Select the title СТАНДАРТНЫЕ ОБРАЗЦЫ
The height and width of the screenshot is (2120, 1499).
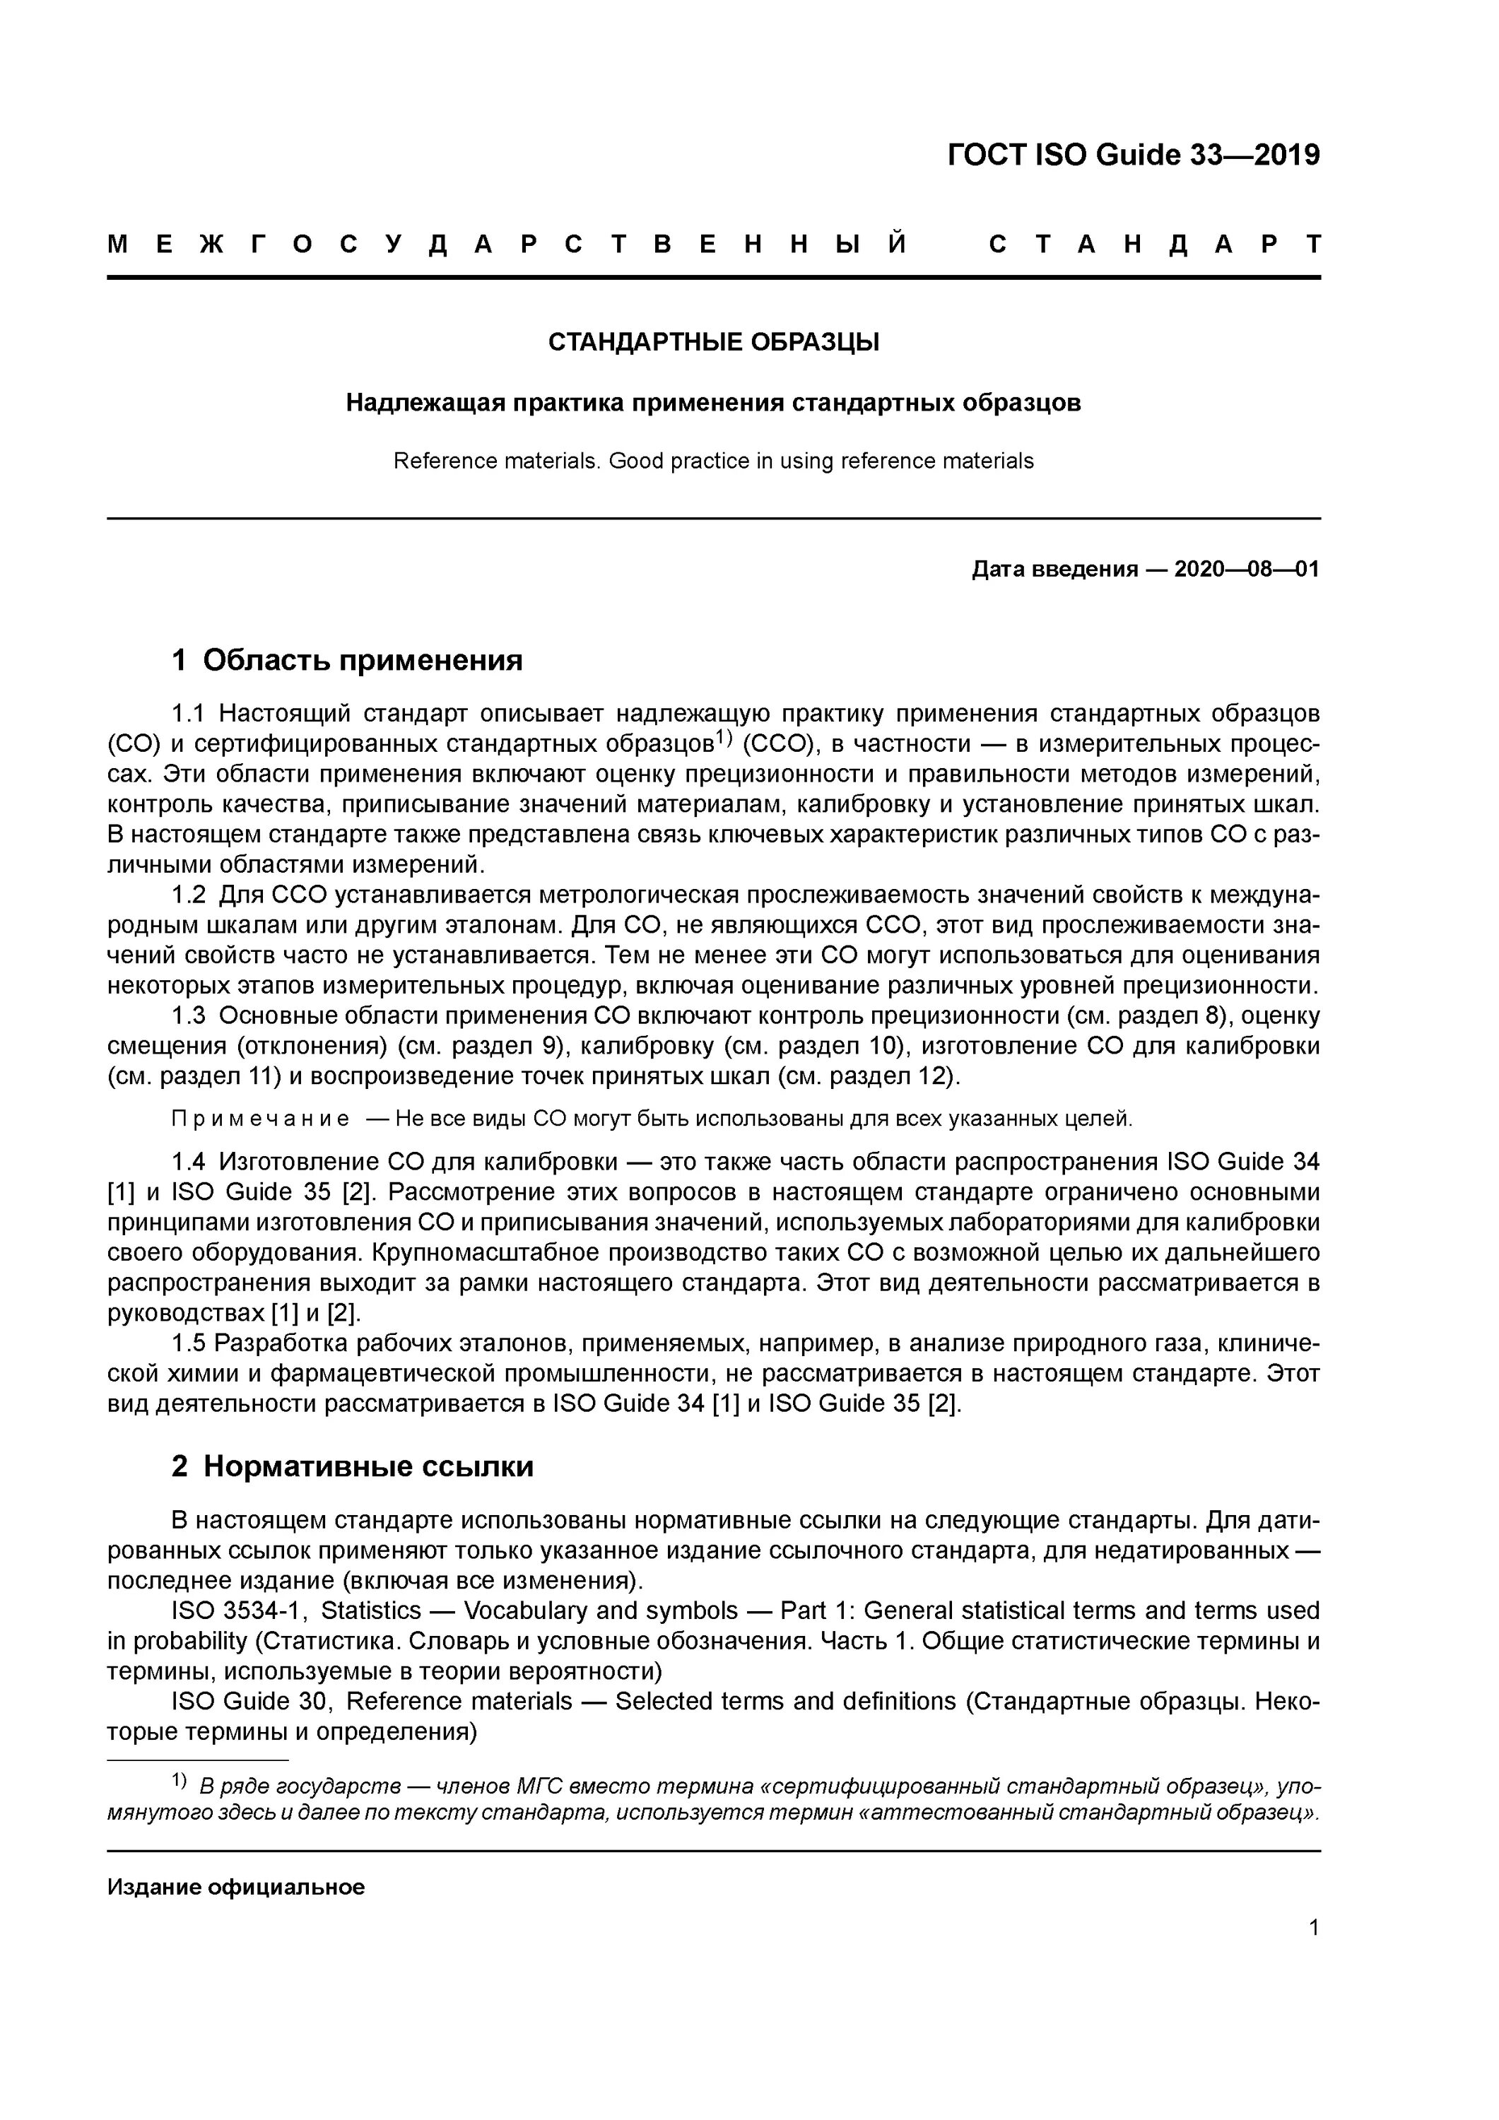(713, 343)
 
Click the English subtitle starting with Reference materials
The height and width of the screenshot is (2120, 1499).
(713, 461)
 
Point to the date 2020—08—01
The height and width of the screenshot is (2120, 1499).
(1246, 570)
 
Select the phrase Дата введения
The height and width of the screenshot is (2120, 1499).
(1054, 570)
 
